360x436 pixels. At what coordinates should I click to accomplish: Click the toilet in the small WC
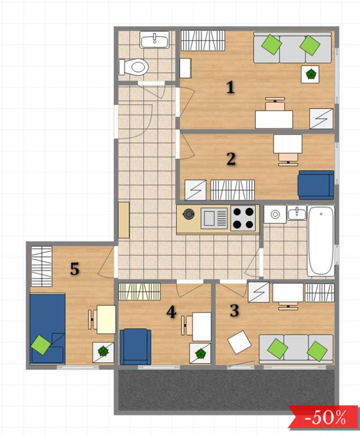click(x=134, y=67)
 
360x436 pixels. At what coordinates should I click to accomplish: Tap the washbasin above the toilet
click(x=154, y=40)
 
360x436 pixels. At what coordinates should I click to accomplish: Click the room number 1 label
click(x=231, y=87)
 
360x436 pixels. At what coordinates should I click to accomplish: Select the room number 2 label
click(x=231, y=159)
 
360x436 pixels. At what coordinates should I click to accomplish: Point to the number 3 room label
click(x=235, y=310)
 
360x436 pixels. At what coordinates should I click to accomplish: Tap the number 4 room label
click(x=171, y=312)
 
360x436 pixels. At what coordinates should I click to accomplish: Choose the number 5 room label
click(x=75, y=269)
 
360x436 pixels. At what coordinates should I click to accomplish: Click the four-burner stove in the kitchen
click(x=243, y=218)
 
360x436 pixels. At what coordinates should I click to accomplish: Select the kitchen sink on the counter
click(x=214, y=218)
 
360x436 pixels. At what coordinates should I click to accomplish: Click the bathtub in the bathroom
click(x=321, y=241)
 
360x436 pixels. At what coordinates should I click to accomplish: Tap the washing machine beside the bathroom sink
click(x=275, y=214)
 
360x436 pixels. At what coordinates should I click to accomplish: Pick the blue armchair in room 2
click(x=316, y=185)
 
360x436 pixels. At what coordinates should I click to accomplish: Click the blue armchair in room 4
click(x=135, y=347)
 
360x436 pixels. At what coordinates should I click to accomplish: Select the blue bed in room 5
click(x=47, y=329)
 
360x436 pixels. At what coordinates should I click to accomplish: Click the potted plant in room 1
click(x=310, y=74)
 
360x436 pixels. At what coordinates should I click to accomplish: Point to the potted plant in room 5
click(x=104, y=353)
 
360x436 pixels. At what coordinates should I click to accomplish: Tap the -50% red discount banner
click(x=323, y=417)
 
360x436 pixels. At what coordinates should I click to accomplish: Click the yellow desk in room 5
click(x=106, y=319)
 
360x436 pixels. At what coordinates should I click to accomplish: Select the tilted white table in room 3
click(x=239, y=342)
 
